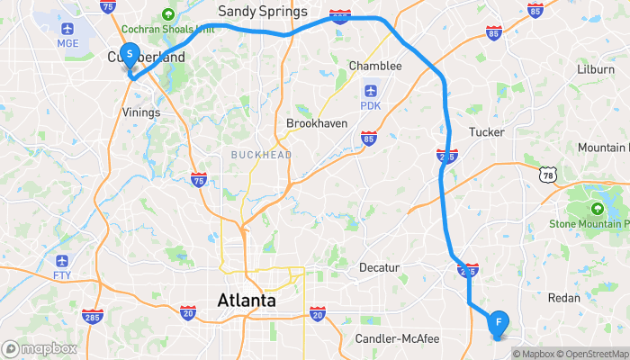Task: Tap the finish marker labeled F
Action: click(x=498, y=322)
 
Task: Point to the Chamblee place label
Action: click(x=374, y=66)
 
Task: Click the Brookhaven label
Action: click(x=317, y=122)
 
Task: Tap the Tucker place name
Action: click(x=486, y=131)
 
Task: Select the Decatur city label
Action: click(x=379, y=267)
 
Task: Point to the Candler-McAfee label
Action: click(x=397, y=338)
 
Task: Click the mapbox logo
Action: click(x=39, y=348)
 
